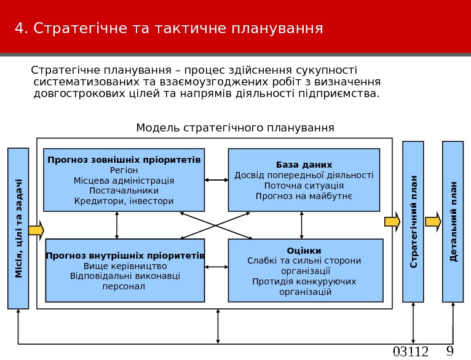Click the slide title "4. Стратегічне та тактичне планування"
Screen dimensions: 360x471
coord(168,28)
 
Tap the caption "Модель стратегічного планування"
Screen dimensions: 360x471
coord(235,128)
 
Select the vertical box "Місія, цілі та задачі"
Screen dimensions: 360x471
coord(18,228)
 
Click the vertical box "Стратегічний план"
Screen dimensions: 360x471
coord(413,222)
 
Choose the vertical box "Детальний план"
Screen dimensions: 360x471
coord(453,222)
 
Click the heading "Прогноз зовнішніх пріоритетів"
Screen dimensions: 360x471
coord(124,160)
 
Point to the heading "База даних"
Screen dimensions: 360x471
coord(304,165)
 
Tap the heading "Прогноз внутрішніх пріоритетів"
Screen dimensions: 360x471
coord(125,256)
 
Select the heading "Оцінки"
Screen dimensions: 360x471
coord(304,250)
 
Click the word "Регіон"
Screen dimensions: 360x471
coord(124,170)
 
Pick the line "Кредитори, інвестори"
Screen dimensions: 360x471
coord(124,201)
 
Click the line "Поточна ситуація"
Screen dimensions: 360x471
coord(304,186)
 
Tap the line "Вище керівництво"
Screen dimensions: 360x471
coord(125,266)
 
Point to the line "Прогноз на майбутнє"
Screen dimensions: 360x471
coord(304,196)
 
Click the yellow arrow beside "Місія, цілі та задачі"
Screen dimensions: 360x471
coord(36,230)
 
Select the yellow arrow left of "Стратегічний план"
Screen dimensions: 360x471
coord(392,222)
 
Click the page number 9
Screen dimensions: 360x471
coord(449,351)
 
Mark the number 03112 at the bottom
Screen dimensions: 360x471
coord(410,352)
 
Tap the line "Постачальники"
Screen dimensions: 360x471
coord(124,190)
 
